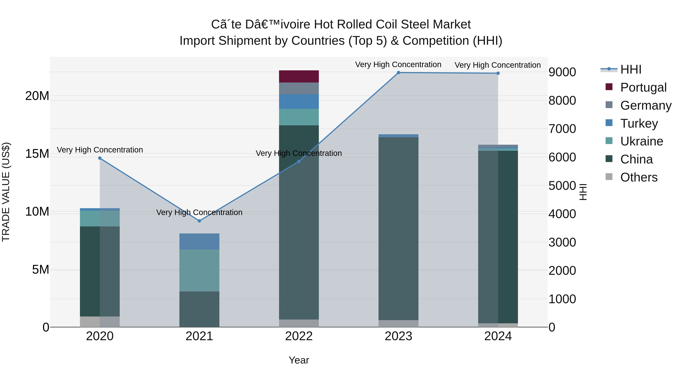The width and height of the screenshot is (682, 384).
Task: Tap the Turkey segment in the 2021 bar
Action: [x=199, y=241]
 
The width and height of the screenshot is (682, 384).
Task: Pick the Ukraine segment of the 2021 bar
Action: [x=199, y=270]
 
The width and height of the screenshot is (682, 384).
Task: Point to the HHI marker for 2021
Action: [x=199, y=221]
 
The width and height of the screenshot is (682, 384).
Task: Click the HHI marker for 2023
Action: [x=398, y=73]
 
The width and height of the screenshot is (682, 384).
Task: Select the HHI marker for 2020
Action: [x=100, y=158]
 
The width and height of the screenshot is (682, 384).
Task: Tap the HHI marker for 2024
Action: [x=498, y=73]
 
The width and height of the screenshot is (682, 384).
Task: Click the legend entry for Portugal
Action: [x=643, y=87]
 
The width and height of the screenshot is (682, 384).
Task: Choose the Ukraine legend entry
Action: [x=641, y=141]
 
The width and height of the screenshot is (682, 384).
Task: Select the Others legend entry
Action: [x=639, y=177]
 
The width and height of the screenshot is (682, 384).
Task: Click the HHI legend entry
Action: [x=631, y=69]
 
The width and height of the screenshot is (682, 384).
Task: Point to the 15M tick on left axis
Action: [x=37, y=154]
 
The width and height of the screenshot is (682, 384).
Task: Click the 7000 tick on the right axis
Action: [x=562, y=129]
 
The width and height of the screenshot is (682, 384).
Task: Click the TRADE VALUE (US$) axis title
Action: [x=6, y=192]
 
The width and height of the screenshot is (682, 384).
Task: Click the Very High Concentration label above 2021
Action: [x=199, y=212]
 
